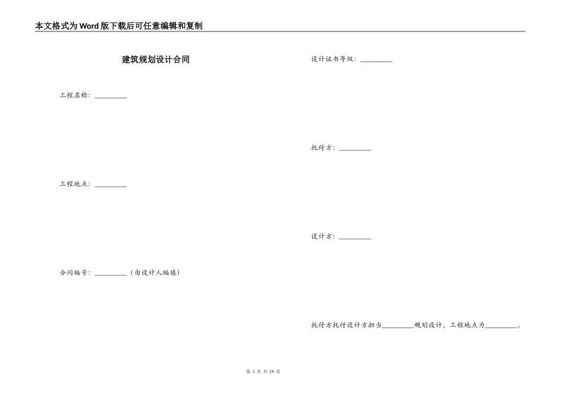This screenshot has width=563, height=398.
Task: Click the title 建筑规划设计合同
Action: pyautogui.click(x=156, y=60)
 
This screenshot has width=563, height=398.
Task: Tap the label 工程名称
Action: pyautogui.click(x=74, y=95)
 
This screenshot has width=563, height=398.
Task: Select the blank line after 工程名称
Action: pyautogui.click(x=111, y=97)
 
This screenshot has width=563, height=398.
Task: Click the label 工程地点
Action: pyautogui.click(x=74, y=184)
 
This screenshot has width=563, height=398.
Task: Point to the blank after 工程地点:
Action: pyautogui.click(x=111, y=185)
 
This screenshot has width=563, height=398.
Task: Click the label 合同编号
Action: pyautogui.click(x=74, y=273)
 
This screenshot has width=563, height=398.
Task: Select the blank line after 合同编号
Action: pyautogui.click(x=111, y=274)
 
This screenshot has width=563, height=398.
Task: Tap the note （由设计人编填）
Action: pyautogui.click(x=155, y=273)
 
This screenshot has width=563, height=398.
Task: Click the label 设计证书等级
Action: pyautogui.click(x=333, y=59)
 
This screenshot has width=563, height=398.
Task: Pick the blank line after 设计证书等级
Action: pyautogui.click(x=376, y=61)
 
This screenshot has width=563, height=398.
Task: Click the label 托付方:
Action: pyautogui.click(x=322, y=148)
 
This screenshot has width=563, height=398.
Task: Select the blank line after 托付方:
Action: pyautogui.click(x=355, y=150)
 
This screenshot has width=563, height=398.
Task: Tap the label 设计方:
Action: pyautogui.click(x=322, y=236)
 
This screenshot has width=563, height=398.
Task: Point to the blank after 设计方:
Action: pyautogui.click(x=355, y=238)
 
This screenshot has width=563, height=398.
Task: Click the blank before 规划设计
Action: pyautogui.click(x=398, y=326)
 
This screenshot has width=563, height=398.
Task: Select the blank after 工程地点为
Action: pyautogui.click(x=501, y=326)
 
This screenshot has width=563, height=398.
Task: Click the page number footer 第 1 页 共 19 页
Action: pyautogui.click(x=263, y=371)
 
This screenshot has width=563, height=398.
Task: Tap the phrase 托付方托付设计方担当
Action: pyautogui.click(x=346, y=325)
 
